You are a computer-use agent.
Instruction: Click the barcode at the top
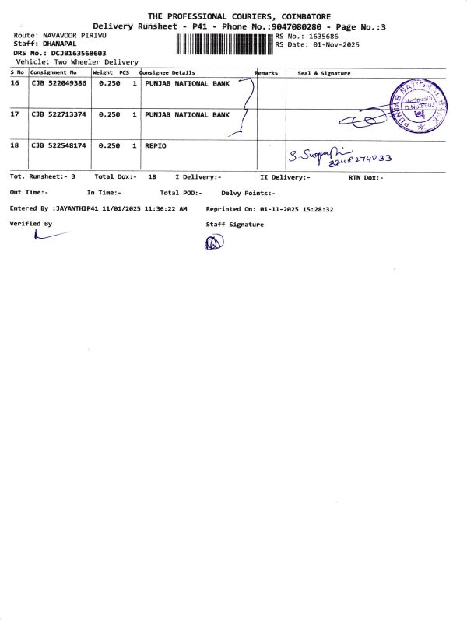(x=224, y=43)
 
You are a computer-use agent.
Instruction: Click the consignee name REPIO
(x=156, y=145)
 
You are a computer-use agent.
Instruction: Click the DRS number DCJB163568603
(x=79, y=53)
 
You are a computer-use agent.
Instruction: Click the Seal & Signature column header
(x=324, y=73)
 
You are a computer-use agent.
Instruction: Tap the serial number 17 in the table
(x=15, y=114)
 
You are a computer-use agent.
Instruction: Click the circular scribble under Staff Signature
(x=214, y=243)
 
